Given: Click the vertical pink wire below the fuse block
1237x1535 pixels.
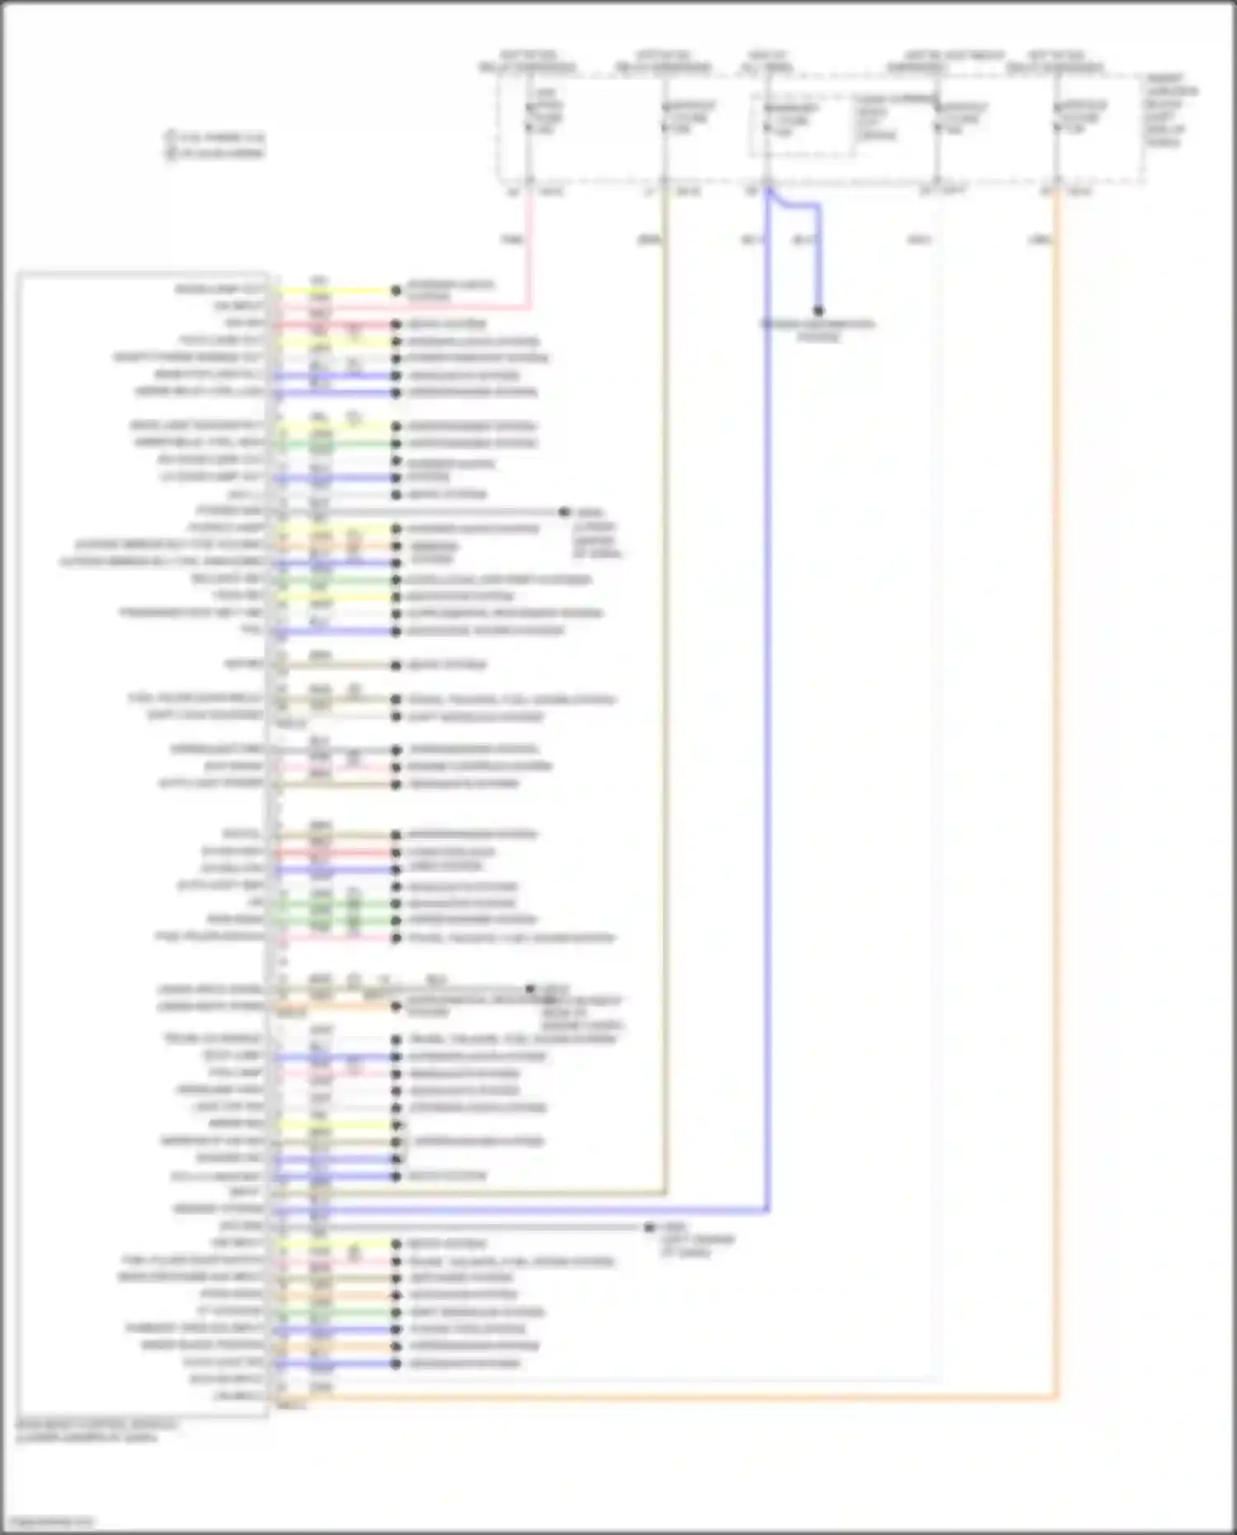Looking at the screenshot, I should point(529,247).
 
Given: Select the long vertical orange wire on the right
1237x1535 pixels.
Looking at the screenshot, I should point(1056,742).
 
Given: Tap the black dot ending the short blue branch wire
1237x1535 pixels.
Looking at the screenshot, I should point(818,311).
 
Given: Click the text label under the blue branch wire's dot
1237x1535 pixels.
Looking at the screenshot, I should point(817,330).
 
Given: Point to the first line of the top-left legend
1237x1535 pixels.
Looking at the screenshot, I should point(216,137).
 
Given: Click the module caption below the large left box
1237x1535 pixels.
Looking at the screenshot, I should point(96,1430).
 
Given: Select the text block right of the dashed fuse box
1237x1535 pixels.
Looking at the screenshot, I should point(1170,111).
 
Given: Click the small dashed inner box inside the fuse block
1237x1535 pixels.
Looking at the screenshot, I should point(800,124).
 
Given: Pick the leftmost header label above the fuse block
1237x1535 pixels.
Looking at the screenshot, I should point(528,61).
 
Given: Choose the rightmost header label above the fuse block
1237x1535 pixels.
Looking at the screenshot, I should point(1056,61).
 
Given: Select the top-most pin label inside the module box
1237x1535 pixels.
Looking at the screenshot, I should point(219,290).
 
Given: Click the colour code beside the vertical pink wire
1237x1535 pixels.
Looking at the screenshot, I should point(511,239).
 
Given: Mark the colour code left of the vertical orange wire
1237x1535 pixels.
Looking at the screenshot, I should point(1038,239).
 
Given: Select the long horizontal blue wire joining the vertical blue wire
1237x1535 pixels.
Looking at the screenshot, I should point(528,1211).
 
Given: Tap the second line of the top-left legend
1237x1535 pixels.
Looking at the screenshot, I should point(216,153).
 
